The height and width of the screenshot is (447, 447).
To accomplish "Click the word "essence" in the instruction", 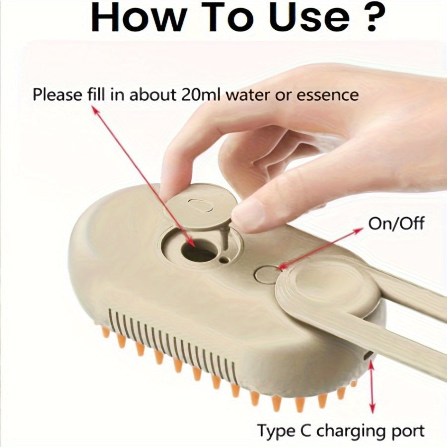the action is [327, 95].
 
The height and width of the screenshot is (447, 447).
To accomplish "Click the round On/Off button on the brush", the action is [265, 275].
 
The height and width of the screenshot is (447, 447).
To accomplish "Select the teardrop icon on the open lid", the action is [201, 205].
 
